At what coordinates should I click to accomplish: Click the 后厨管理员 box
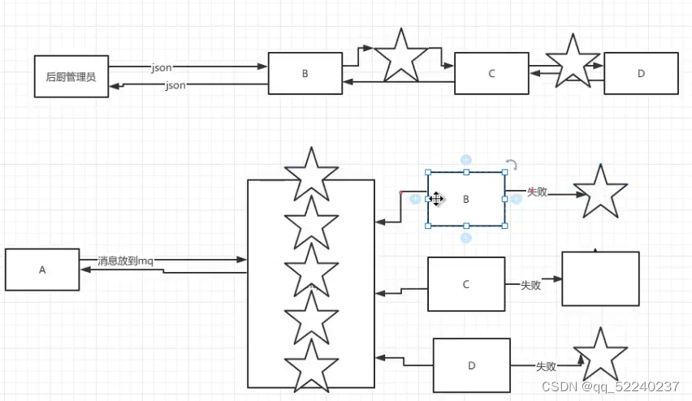(x=71, y=76)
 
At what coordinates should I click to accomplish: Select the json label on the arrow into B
(x=162, y=67)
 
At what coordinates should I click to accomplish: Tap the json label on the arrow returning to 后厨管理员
(x=175, y=84)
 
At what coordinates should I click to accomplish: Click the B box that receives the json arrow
(x=305, y=73)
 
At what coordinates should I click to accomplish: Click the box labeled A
(x=42, y=269)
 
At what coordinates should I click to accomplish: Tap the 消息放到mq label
(x=125, y=261)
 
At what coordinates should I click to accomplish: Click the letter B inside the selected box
(x=466, y=200)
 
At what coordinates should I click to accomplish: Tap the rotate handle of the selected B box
(x=512, y=165)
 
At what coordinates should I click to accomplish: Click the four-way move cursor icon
(x=436, y=199)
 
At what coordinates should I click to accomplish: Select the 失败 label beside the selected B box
(x=538, y=192)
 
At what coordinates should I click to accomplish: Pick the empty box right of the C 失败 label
(x=601, y=278)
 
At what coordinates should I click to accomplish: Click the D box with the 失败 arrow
(x=472, y=365)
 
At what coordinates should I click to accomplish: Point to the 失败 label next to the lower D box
(x=546, y=366)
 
